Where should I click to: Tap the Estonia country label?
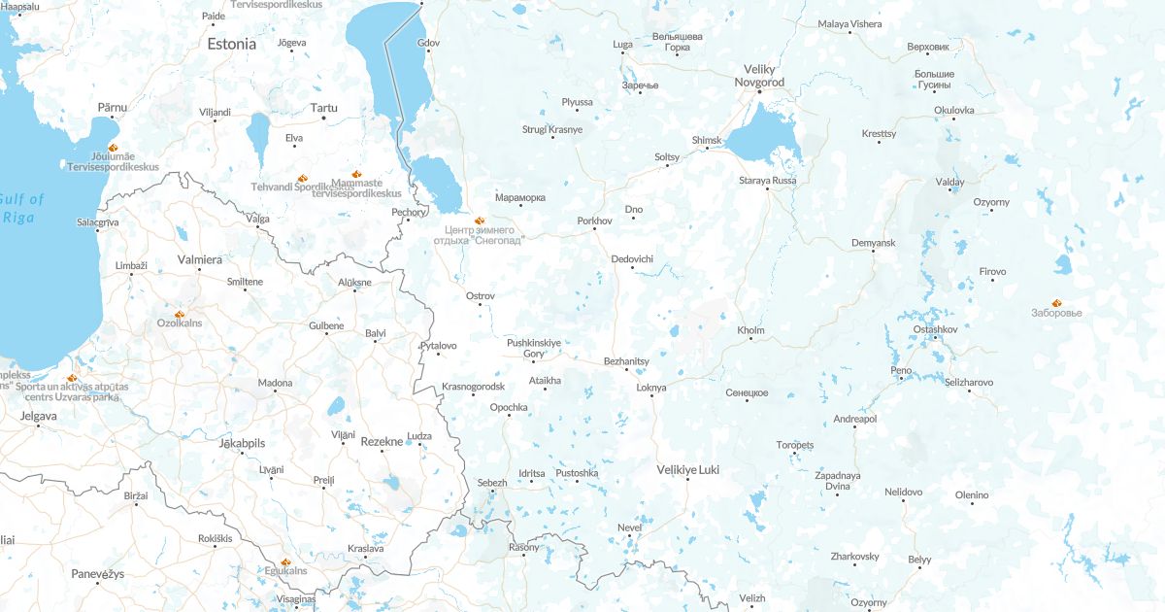(x=231, y=44)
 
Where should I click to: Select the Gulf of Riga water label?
(x=22, y=208)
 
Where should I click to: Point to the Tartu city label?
(x=323, y=108)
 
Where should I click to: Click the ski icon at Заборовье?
(x=1056, y=302)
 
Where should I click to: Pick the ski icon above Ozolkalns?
(x=180, y=314)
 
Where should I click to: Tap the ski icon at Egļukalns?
(x=285, y=561)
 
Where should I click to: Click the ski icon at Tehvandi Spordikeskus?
(x=302, y=178)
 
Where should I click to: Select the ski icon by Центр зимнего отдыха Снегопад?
(x=479, y=221)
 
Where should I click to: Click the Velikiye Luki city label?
(x=687, y=469)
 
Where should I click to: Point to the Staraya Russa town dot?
(x=768, y=188)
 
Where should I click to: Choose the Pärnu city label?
(x=113, y=107)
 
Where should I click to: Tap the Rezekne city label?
(x=381, y=441)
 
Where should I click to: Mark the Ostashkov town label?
(x=935, y=330)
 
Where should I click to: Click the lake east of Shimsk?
(x=762, y=135)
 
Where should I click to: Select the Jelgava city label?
(x=39, y=416)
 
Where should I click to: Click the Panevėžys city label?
(x=98, y=574)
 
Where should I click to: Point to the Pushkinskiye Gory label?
(x=534, y=348)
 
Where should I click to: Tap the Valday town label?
(x=949, y=182)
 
